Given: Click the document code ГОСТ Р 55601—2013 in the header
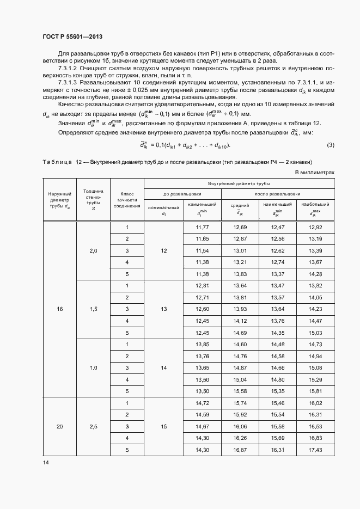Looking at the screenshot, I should coord(72,36).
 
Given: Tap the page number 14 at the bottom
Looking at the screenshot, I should coord(46,462).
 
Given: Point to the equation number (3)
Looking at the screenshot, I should coord(330,160).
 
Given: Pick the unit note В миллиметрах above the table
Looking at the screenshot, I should coord(315,187).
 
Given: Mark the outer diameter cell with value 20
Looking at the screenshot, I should coord(60,426).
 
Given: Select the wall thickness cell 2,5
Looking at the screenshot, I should coord(93,426).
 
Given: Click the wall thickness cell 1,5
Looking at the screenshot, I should coord(93,309).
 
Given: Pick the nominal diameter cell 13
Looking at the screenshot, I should coord(163,309).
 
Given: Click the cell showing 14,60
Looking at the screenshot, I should coord(240,344).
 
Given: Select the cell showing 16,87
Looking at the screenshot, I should coord(240,450).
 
